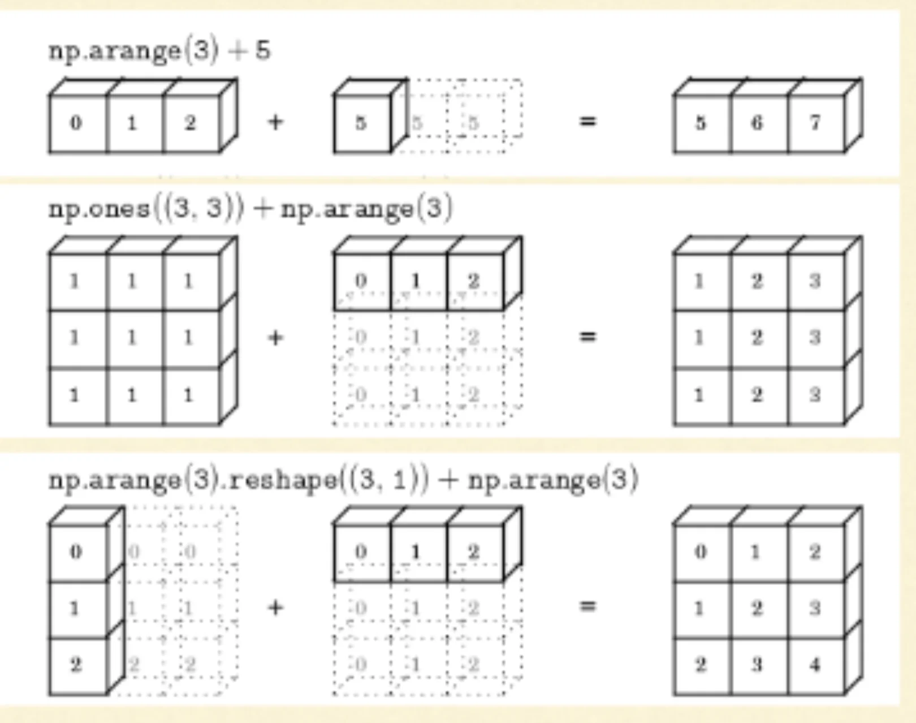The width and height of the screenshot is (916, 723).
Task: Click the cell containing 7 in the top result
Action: click(x=815, y=123)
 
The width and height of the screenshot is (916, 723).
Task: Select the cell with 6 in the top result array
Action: click(x=758, y=123)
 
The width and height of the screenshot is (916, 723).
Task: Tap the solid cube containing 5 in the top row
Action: click(x=361, y=123)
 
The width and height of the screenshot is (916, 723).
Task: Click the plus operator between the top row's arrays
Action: click(x=275, y=122)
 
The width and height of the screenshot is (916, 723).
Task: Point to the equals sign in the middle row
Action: click(x=588, y=337)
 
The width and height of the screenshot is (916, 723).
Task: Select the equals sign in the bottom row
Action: click(x=588, y=606)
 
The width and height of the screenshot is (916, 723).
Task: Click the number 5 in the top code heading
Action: click(x=263, y=51)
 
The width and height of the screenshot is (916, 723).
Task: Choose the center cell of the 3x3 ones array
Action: click(x=132, y=338)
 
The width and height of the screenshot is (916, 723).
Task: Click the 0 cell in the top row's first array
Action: click(x=76, y=123)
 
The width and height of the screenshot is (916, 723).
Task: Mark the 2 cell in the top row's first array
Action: click(x=190, y=123)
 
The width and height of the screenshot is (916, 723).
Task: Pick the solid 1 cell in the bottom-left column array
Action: click(x=76, y=608)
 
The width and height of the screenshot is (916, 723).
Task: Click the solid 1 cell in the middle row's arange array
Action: click(x=417, y=281)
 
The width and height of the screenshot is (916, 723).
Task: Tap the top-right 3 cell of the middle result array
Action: click(x=815, y=281)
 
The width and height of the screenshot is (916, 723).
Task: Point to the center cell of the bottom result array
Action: click(x=758, y=608)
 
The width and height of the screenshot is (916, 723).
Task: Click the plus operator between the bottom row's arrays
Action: click(x=275, y=608)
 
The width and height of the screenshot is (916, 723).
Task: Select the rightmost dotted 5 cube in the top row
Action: click(x=475, y=123)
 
